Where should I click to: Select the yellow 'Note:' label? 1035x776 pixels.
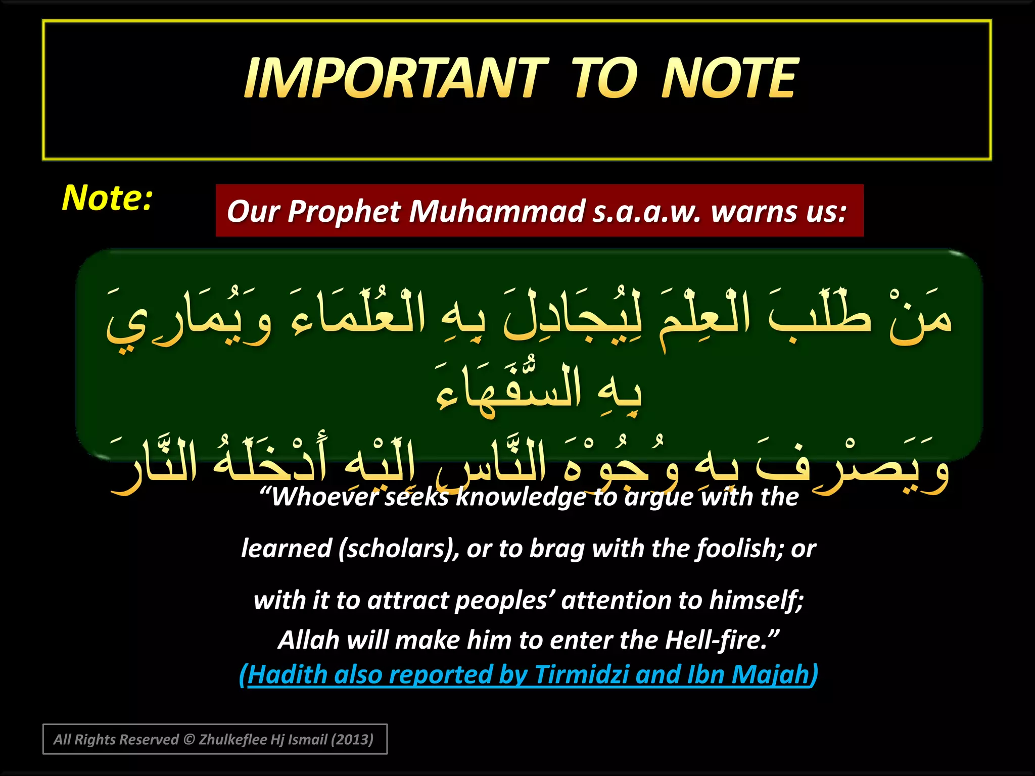point(107,198)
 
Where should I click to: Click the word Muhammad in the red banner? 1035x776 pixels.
point(497,211)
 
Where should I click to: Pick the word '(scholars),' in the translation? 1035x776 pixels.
point(399,549)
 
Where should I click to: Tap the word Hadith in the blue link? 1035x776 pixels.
point(287,675)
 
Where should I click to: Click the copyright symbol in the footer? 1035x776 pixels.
point(189,740)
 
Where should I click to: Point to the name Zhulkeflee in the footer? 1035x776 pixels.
point(233,740)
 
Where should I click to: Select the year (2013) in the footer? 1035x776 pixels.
point(352,740)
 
